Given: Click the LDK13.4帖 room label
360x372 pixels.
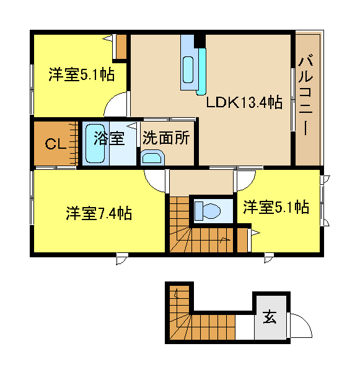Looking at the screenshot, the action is tap(244, 103).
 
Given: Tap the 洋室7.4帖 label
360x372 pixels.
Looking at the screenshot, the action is tap(99, 213).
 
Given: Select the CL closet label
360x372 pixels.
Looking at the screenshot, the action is tap(56, 144).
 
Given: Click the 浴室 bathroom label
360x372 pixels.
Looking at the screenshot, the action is tap(109, 138).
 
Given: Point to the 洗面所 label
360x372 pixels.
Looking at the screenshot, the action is tap(166, 138).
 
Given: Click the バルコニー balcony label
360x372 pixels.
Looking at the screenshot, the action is tap(305, 95).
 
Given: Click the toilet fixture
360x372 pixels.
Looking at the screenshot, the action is tap(208, 211).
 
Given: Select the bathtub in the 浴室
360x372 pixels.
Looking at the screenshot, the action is tap(95, 144).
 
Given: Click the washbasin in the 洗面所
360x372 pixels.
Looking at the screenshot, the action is tap(152, 157).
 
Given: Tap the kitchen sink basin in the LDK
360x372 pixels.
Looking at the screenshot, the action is tap(188, 69).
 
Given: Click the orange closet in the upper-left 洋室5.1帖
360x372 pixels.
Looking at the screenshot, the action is tap(121, 46).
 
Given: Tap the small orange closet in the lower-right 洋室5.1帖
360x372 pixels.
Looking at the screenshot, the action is tap(242, 240).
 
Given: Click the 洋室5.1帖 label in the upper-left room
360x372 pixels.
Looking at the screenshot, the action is tap(81, 74).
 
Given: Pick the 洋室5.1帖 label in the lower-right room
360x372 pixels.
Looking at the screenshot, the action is tap(276, 207).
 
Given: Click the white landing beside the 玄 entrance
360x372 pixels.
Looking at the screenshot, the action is tap(245, 327).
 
